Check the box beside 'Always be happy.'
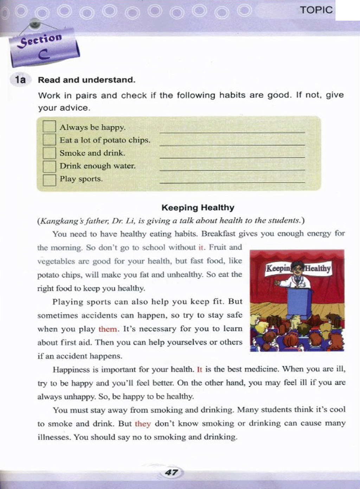pos(49,126)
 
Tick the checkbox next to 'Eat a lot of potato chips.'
pos(49,140)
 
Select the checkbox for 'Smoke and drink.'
pos(49,153)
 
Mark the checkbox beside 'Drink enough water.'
pos(49,166)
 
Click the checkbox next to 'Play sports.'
pos(49,179)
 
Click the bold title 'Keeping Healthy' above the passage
pos(198,208)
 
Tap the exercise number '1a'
pos(20,80)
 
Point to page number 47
pos(171,472)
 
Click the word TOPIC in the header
pos(316,10)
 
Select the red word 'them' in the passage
pos(108,329)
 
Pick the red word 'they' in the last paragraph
pos(143,424)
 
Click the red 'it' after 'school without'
pos(201,247)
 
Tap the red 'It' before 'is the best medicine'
pos(199,369)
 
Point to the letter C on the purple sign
pos(44,54)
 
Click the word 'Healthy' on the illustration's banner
pos(318,268)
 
